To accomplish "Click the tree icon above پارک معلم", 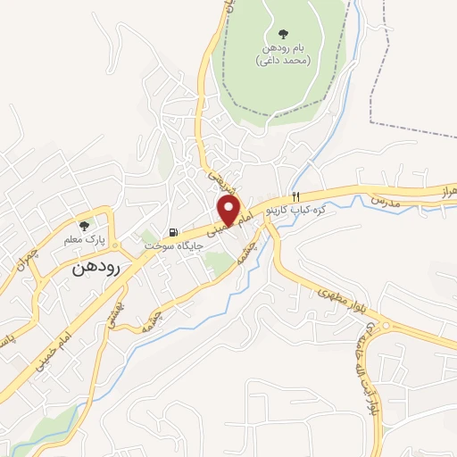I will point(84,226).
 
